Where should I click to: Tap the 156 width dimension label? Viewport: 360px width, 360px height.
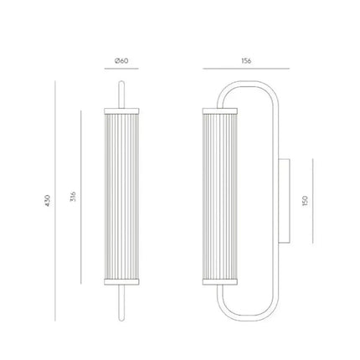(x=245, y=61)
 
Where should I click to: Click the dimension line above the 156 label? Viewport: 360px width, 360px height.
(x=245, y=69)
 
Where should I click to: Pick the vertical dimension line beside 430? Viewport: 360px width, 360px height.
(x=53, y=200)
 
